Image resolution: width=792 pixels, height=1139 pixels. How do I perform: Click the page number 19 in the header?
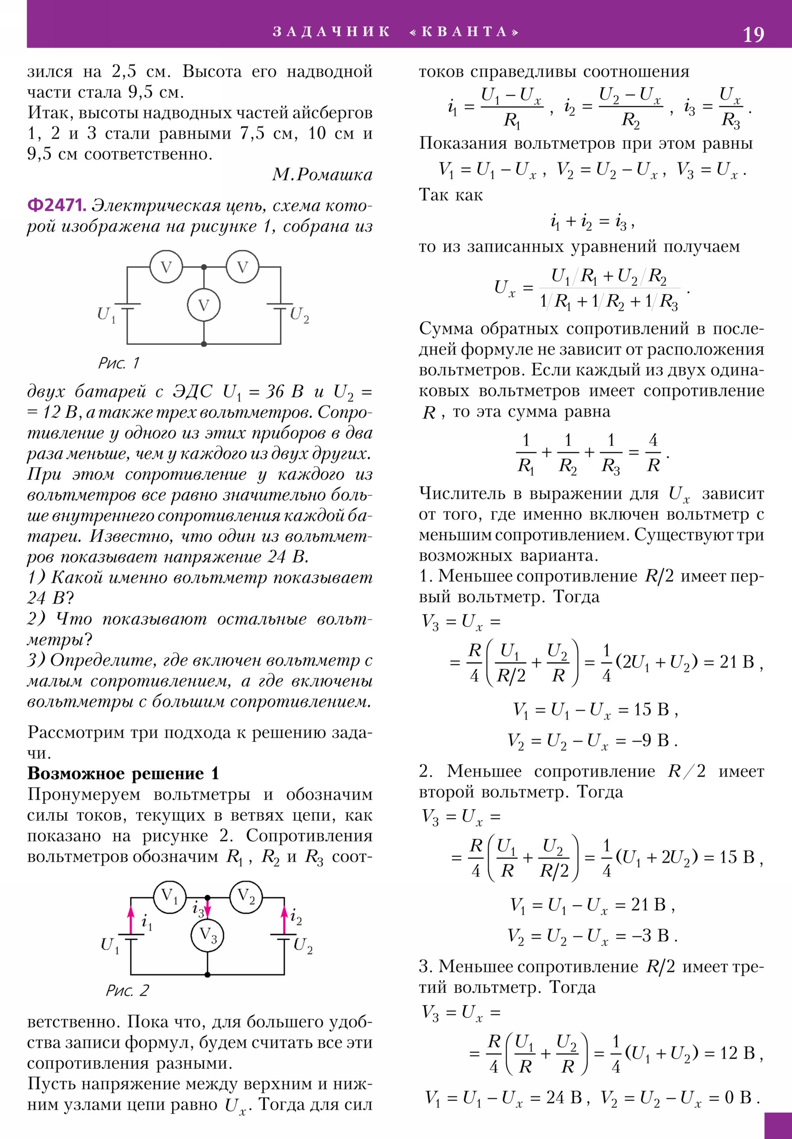tap(753, 35)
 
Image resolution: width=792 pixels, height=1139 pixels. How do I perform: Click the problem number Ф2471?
tap(57, 205)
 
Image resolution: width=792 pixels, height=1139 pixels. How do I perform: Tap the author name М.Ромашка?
tap(322, 175)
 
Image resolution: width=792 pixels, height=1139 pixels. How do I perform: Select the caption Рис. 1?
tap(119, 363)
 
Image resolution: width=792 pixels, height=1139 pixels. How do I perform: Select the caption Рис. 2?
tap(127, 990)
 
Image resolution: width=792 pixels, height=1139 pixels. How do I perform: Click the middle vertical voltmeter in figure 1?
tap(203, 305)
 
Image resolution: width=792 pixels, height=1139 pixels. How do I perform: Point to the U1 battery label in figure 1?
tap(106, 314)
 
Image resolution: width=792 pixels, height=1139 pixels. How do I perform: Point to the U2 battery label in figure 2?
tap(302, 945)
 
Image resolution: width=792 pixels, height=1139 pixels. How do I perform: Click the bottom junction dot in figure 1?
tap(203, 344)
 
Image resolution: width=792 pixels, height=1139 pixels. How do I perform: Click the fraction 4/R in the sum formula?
tap(653, 453)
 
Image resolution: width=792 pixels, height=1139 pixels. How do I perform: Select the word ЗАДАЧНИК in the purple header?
tap(331, 32)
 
